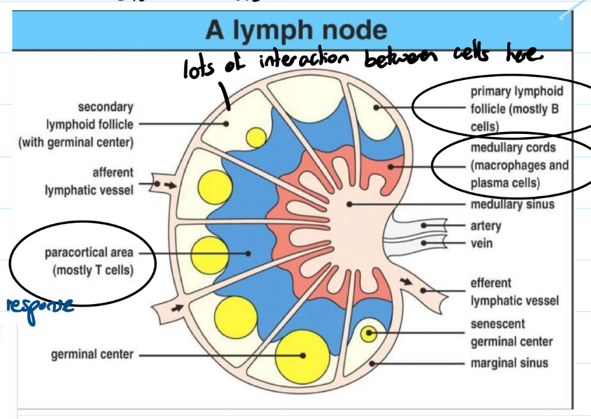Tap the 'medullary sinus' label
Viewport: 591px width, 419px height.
click(x=512, y=204)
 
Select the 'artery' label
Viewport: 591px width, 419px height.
click(x=486, y=225)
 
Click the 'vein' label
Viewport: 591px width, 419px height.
click(x=481, y=243)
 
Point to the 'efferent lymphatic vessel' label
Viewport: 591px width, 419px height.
click(x=514, y=291)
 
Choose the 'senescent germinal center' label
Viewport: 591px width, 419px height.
click(x=511, y=333)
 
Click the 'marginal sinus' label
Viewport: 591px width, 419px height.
click(x=509, y=364)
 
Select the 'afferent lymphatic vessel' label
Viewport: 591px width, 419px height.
click(x=89, y=181)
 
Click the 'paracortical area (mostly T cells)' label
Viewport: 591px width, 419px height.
click(x=89, y=262)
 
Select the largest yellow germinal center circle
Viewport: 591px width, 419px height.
click(x=303, y=356)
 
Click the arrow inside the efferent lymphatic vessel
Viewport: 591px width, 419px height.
click(x=404, y=281)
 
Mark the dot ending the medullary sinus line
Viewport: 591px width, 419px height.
click(x=349, y=204)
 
